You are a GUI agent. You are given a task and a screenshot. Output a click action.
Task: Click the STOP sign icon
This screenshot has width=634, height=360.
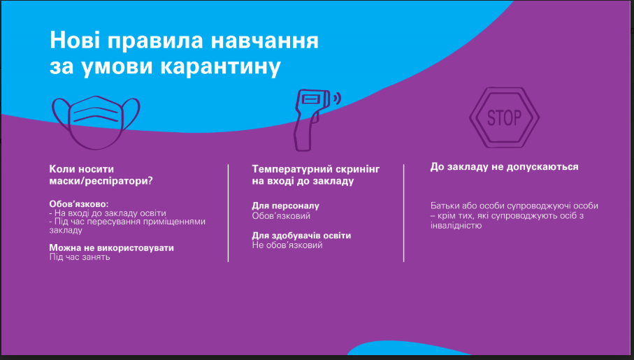pos(504,117)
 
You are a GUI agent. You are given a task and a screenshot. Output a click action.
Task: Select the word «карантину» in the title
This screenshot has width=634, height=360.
pos(220,66)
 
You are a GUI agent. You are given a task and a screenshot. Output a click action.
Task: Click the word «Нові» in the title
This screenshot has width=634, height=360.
pos(74,40)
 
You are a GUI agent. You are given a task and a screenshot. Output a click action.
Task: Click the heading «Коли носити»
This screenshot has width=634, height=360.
pos(82,169)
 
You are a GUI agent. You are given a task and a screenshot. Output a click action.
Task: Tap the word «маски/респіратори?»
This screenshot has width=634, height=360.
pos(101,181)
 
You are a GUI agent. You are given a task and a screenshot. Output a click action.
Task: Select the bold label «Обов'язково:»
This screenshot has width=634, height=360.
pos(79,204)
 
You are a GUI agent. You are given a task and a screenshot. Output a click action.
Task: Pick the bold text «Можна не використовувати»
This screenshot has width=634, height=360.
pos(112,247)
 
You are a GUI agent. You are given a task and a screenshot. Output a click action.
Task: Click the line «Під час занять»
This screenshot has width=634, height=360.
pos(80,257)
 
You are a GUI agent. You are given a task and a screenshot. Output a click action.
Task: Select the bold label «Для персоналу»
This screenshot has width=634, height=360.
pos(285,206)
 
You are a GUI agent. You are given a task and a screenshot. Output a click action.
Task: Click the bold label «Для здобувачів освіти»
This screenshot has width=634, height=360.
pos(301,236)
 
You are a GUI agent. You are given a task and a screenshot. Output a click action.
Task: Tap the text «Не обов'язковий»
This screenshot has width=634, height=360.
pos(287,245)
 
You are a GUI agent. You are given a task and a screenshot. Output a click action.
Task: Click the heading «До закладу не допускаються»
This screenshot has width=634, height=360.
pos(504,167)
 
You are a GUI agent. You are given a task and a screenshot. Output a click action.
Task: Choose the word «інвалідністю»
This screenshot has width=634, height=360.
pos(456,225)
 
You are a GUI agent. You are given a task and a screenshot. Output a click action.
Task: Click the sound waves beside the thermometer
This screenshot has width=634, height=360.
pos(336,99)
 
